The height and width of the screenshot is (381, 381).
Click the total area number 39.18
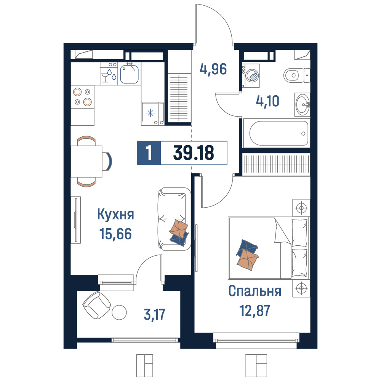[x=194, y=153]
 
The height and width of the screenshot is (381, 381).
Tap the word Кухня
[x=116, y=214]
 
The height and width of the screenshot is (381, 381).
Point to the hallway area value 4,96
[x=213, y=69]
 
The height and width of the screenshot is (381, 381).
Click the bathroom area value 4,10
[x=267, y=101]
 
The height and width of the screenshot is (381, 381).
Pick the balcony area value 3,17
[x=155, y=314]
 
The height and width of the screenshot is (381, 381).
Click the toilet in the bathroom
[x=297, y=75]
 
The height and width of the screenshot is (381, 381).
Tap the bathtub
[x=279, y=133]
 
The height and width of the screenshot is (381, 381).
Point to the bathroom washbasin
[x=303, y=105]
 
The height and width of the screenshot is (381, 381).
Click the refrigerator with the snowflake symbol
[x=153, y=114]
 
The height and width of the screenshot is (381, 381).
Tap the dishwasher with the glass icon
[x=109, y=74]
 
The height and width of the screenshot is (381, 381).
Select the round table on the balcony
[x=119, y=312]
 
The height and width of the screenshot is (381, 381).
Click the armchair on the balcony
[x=96, y=305]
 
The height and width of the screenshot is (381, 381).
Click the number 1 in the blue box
[x=149, y=153]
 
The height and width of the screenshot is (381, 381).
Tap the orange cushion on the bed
[x=247, y=260]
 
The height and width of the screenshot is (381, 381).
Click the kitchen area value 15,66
[x=115, y=234]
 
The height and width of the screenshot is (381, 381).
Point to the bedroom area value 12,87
[x=255, y=311]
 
